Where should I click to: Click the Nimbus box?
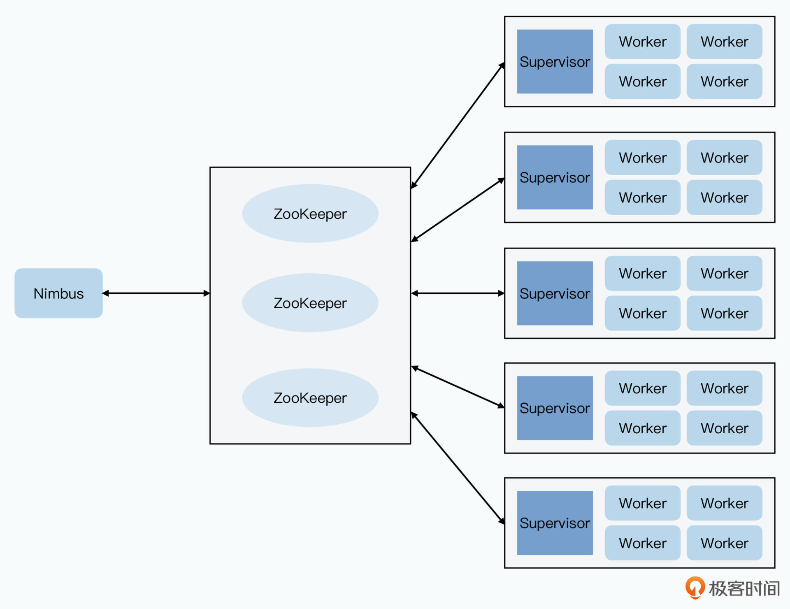pos(58,293)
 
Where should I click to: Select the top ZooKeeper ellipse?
pos(310,214)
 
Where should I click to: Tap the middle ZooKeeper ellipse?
pos(310,303)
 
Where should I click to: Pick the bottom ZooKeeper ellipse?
pos(310,397)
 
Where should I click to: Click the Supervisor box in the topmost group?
pos(555,62)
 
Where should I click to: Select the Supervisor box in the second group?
pos(555,177)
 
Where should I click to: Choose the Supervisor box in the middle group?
pos(555,293)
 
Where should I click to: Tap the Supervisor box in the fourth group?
pos(555,408)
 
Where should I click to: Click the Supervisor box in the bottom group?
pos(555,523)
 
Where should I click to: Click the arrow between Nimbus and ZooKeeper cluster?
pos(156,293)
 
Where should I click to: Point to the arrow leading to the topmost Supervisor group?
pos(458,126)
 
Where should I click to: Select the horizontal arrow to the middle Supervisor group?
pos(458,293)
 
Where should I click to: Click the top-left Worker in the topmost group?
pos(642,42)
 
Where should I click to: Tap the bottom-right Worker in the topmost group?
pos(724,81)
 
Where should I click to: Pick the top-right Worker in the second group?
pos(724,158)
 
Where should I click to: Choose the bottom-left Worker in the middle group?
pos(642,313)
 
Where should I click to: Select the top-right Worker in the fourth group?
pos(724,388)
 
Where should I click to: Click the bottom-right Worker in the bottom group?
pos(724,543)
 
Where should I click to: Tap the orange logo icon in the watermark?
pos(695,587)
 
